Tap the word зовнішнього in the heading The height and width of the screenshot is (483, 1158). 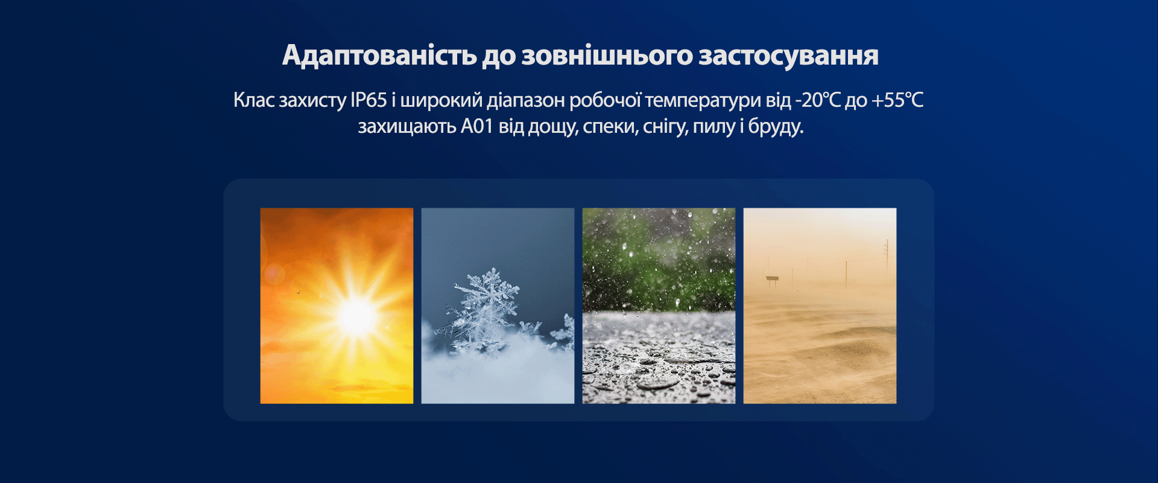[x=607, y=56]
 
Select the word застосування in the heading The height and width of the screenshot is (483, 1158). [x=788, y=56]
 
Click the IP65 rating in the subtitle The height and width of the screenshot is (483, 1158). [x=369, y=100]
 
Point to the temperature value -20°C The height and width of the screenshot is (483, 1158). [x=817, y=100]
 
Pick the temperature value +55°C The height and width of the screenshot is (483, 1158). [x=897, y=100]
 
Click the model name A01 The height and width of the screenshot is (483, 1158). [x=477, y=126]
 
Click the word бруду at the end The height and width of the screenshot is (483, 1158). [x=776, y=127]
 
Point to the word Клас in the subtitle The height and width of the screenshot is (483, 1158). [x=254, y=100]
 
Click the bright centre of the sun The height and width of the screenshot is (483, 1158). [x=356, y=316]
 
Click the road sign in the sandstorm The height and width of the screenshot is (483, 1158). [x=771, y=278]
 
